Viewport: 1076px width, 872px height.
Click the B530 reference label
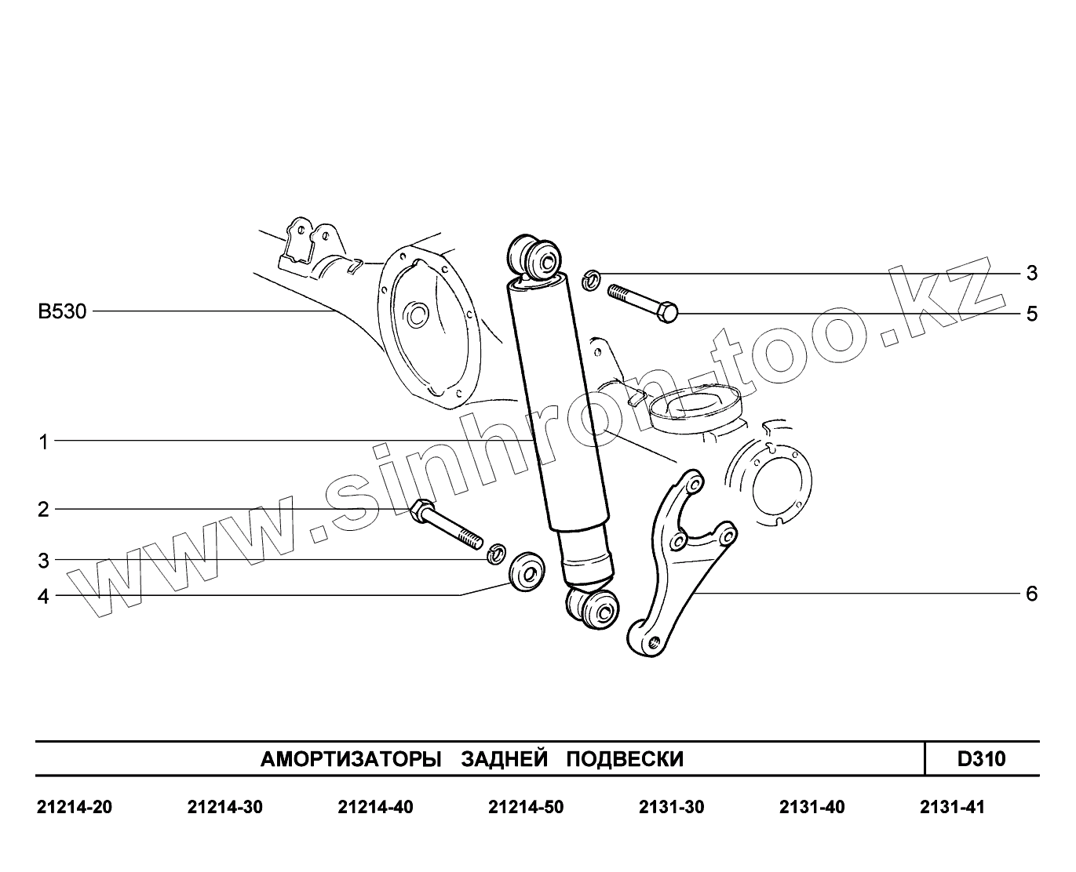pyautogui.click(x=62, y=311)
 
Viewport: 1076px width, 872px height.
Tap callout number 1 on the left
pyautogui.click(x=44, y=442)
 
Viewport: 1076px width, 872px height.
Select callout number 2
pyautogui.click(x=43, y=510)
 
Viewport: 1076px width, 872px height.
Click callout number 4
pyautogui.click(x=43, y=597)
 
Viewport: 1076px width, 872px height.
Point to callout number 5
pyautogui.click(x=1032, y=314)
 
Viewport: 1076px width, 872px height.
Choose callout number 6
pyautogui.click(x=1032, y=594)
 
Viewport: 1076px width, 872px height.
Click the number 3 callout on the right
pyautogui.click(x=1032, y=273)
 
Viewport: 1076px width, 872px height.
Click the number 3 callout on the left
pyautogui.click(x=43, y=561)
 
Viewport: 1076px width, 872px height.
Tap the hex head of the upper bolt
pyautogui.click(x=667, y=312)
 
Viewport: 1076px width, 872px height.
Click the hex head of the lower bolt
pyautogui.click(x=421, y=510)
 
